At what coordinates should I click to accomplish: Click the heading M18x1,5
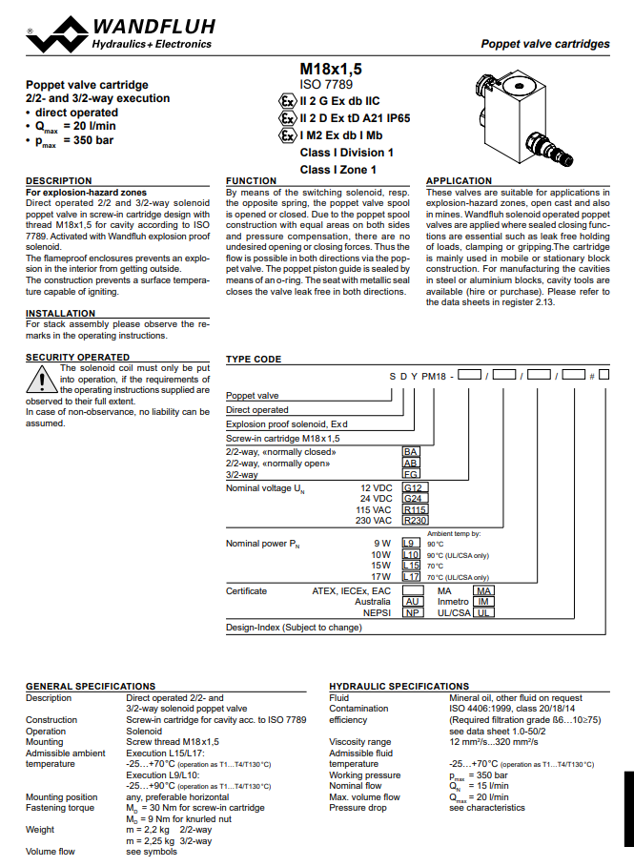[x=331, y=69]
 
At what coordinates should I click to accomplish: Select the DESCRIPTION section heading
[x=59, y=181]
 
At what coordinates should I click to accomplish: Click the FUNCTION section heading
[x=251, y=181]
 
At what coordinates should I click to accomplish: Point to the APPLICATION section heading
[x=459, y=181]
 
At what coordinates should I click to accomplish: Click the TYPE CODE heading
[x=254, y=360]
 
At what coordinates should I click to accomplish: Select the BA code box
[x=412, y=451]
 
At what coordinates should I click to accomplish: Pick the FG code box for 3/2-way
[x=412, y=474]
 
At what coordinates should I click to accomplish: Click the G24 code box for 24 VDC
[x=415, y=498]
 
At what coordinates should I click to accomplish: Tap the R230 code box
[x=416, y=521]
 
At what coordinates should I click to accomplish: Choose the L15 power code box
[x=412, y=566]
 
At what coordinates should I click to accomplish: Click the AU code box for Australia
[x=413, y=602]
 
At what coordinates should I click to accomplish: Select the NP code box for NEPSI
[x=413, y=613]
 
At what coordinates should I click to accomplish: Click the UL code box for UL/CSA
[x=484, y=613]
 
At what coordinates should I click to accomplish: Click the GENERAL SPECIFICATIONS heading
[x=90, y=686]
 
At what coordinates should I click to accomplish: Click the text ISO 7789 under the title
[x=326, y=84]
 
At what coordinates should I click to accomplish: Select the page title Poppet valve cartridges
[x=544, y=44]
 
